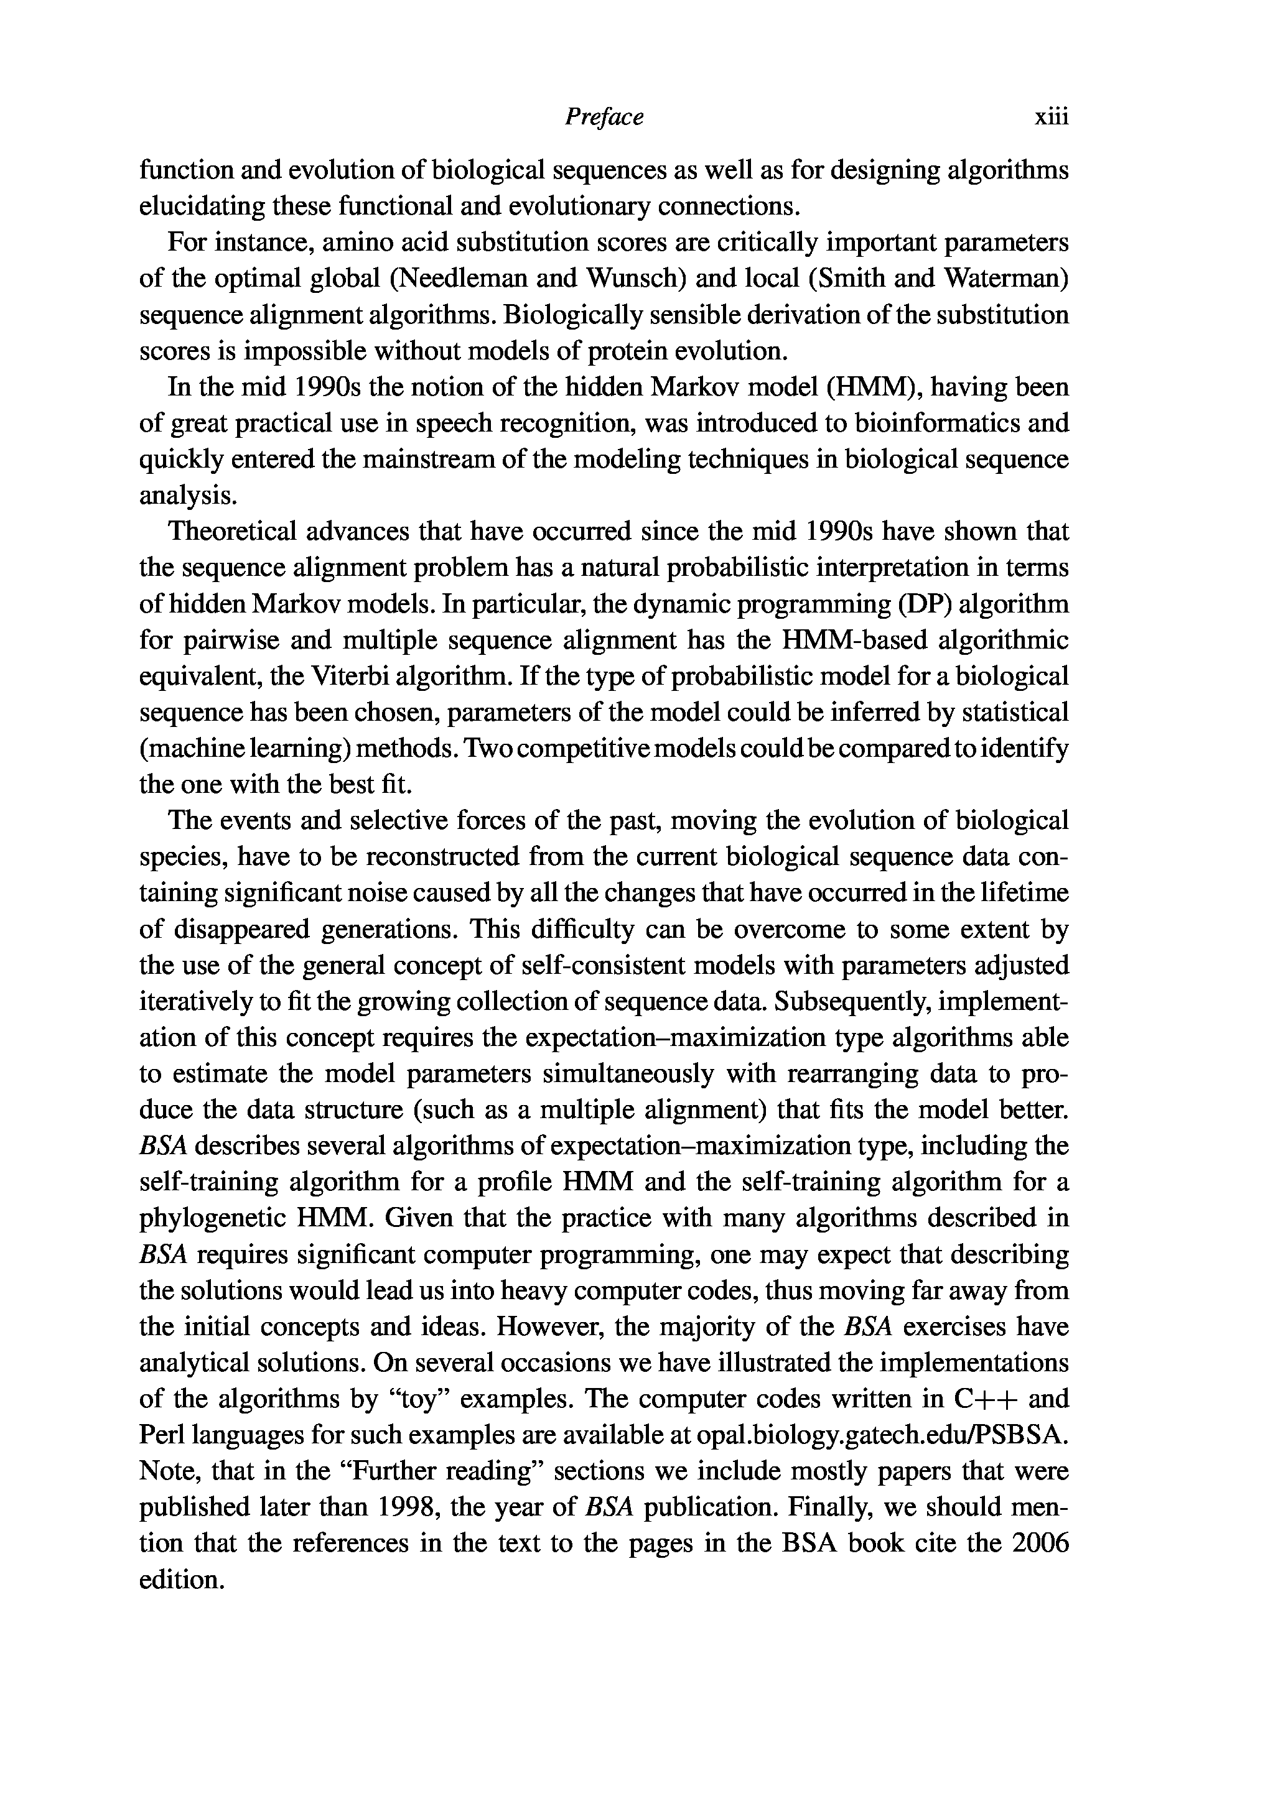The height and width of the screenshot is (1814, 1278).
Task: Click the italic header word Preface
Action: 604,118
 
